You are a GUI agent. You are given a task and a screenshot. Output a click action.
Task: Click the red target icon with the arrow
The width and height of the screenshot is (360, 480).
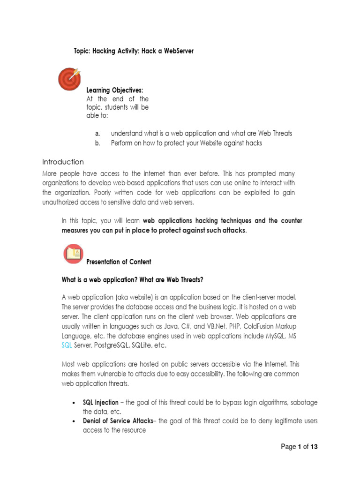(69, 79)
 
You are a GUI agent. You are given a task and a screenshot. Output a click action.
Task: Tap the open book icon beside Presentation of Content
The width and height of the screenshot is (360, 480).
(73, 254)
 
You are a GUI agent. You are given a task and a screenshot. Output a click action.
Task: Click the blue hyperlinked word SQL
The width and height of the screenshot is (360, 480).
(67, 345)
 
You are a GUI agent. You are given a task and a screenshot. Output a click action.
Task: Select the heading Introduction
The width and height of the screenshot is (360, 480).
(63, 162)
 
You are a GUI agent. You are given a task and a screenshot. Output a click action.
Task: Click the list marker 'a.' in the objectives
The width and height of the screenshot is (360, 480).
(97, 134)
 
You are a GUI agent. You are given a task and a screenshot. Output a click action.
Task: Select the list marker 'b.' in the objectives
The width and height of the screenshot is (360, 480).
(97, 143)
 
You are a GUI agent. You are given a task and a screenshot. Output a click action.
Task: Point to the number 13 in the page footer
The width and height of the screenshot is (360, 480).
(314, 447)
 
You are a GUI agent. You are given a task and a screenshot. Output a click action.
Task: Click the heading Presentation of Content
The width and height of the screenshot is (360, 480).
(119, 262)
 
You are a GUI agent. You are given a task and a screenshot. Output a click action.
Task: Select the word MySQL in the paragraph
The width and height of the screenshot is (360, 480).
(273, 336)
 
